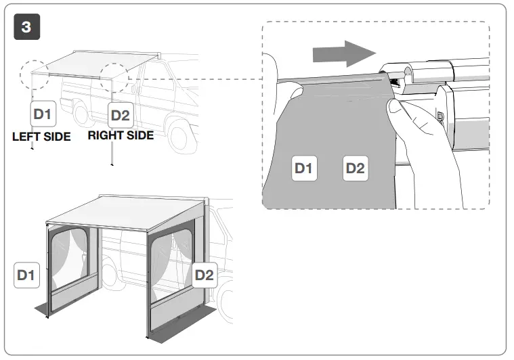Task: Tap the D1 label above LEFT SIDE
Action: coord(42,115)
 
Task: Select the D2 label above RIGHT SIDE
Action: coord(120,115)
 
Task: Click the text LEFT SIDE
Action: coord(41,136)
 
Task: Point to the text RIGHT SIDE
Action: coord(121,135)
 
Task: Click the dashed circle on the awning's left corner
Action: coord(35,74)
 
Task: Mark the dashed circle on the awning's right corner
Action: coord(114,79)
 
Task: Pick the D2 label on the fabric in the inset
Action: coord(356,167)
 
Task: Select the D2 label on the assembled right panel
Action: coord(204,275)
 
